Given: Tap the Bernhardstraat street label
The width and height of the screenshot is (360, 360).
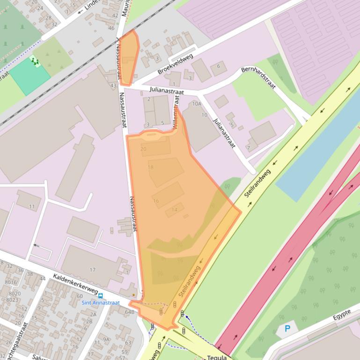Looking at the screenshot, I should coord(258,77).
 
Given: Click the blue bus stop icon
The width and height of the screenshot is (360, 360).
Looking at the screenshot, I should coord(100,295).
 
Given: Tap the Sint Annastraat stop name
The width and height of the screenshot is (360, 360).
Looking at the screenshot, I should coord(101,303).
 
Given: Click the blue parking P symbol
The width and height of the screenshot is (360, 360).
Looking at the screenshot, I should coord(287,329).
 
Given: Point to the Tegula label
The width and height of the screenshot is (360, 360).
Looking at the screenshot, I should coord(217,358).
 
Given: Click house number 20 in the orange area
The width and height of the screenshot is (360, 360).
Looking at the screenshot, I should coord(143,149).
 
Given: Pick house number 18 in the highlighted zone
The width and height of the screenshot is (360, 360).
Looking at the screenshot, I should coord(150,167).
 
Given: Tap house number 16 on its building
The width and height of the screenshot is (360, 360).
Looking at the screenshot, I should coord(156,201).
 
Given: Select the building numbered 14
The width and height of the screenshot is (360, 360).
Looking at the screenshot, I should coord(175,210).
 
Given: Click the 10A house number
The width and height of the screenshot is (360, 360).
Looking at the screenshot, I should coord(197,104).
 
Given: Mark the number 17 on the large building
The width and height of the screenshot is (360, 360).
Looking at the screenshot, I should coord(92,270).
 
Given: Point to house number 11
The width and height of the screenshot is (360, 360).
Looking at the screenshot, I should coord(32,206).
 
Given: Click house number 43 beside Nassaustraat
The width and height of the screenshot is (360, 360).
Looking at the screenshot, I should coord(113,86).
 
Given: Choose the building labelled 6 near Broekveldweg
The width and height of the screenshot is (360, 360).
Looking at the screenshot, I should coord(218,66).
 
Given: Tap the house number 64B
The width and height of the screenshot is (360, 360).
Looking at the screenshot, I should coord(129,312).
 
